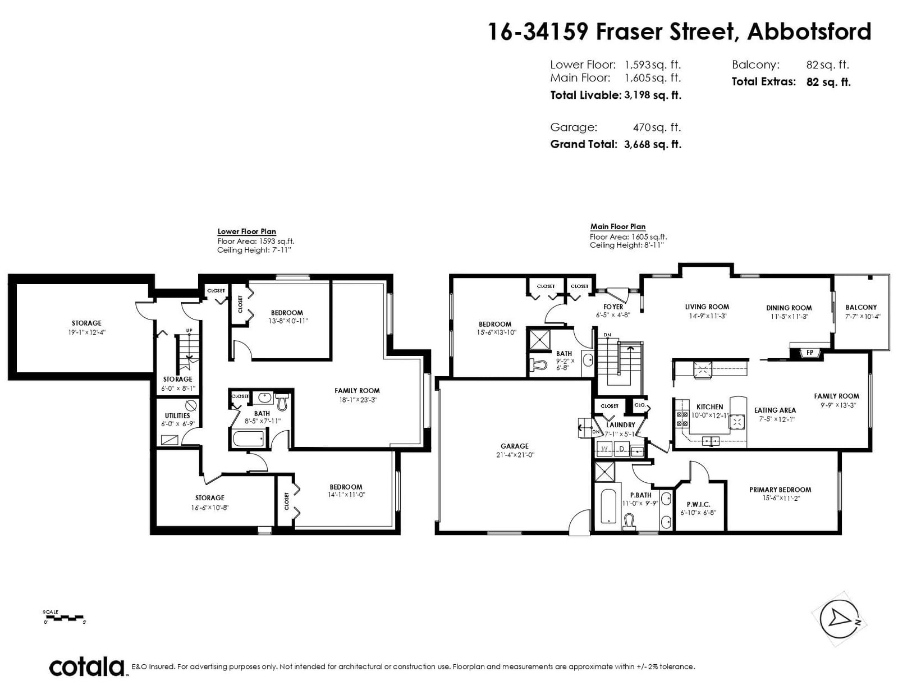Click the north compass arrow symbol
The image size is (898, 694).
click(839, 619)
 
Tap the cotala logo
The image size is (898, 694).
click(87, 666)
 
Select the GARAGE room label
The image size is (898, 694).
click(515, 446)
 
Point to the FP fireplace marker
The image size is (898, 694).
click(809, 353)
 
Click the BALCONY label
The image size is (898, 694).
click(861, 307)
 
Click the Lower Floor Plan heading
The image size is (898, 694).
click(247, 231)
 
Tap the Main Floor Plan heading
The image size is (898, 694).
click(618, 226)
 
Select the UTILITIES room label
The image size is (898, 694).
click(177, 416)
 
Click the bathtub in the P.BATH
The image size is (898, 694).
click(607, 507)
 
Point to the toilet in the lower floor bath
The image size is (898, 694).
click(282, 402)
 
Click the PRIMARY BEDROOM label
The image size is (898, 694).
click(780, 490)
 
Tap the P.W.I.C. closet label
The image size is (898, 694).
click(698, 504)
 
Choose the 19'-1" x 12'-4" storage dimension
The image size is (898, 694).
click(87, 332)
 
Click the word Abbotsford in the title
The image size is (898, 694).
click(809, 31)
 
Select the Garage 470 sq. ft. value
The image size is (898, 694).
click(657, 127)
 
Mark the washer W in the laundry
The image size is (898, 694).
click(604, 449)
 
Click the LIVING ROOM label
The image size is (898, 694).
click(707, 307)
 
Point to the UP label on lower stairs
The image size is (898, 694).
click(189, 330)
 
